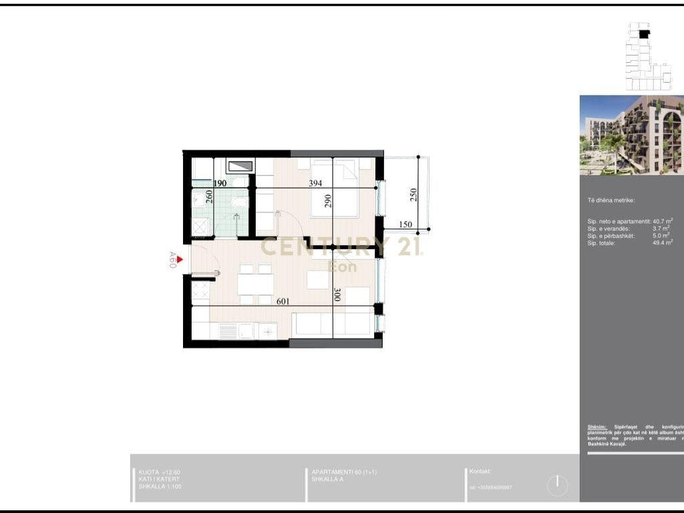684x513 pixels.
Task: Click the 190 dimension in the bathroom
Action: click(x=220, y=183)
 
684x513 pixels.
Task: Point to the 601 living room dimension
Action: click(x=284, y=301)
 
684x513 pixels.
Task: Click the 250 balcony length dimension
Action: click(x=413, y=194)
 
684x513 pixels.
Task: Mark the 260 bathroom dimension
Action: click(x=209, y=196)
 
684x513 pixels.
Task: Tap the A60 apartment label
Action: click(x=172, y=261)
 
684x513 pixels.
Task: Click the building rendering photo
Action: click(x=631, y=135)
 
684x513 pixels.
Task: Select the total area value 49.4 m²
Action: click(x=662, y=242)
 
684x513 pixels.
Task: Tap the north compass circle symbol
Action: click(x=557, y=485)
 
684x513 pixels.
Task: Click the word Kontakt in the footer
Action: click(x=480, y=471)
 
